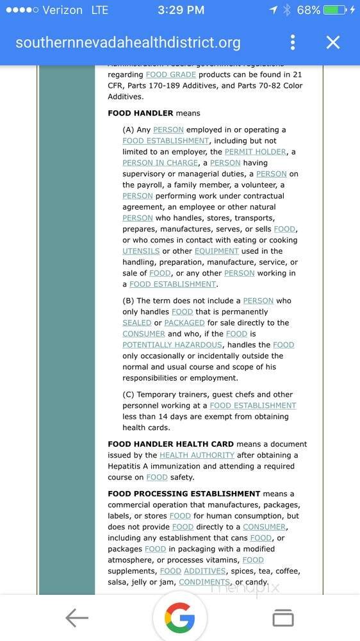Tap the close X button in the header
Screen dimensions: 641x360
point(332,43)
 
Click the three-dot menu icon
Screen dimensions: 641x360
point(293,43)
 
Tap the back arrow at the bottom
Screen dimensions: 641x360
point(77,618)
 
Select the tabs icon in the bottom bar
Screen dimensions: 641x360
point(282,618)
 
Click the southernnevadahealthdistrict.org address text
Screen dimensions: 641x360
point(128,43)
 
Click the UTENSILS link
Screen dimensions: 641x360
point(141,251)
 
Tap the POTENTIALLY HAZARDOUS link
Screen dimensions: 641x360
point(172,345)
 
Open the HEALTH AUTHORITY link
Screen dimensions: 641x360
point(197,455)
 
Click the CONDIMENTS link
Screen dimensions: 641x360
point(204,582)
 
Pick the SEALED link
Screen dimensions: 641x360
point(137,323)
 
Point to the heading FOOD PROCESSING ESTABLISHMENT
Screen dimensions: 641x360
point(184,494)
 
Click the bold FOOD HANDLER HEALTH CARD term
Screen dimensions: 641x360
point(170,444)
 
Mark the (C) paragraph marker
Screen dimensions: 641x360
point(128,395)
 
